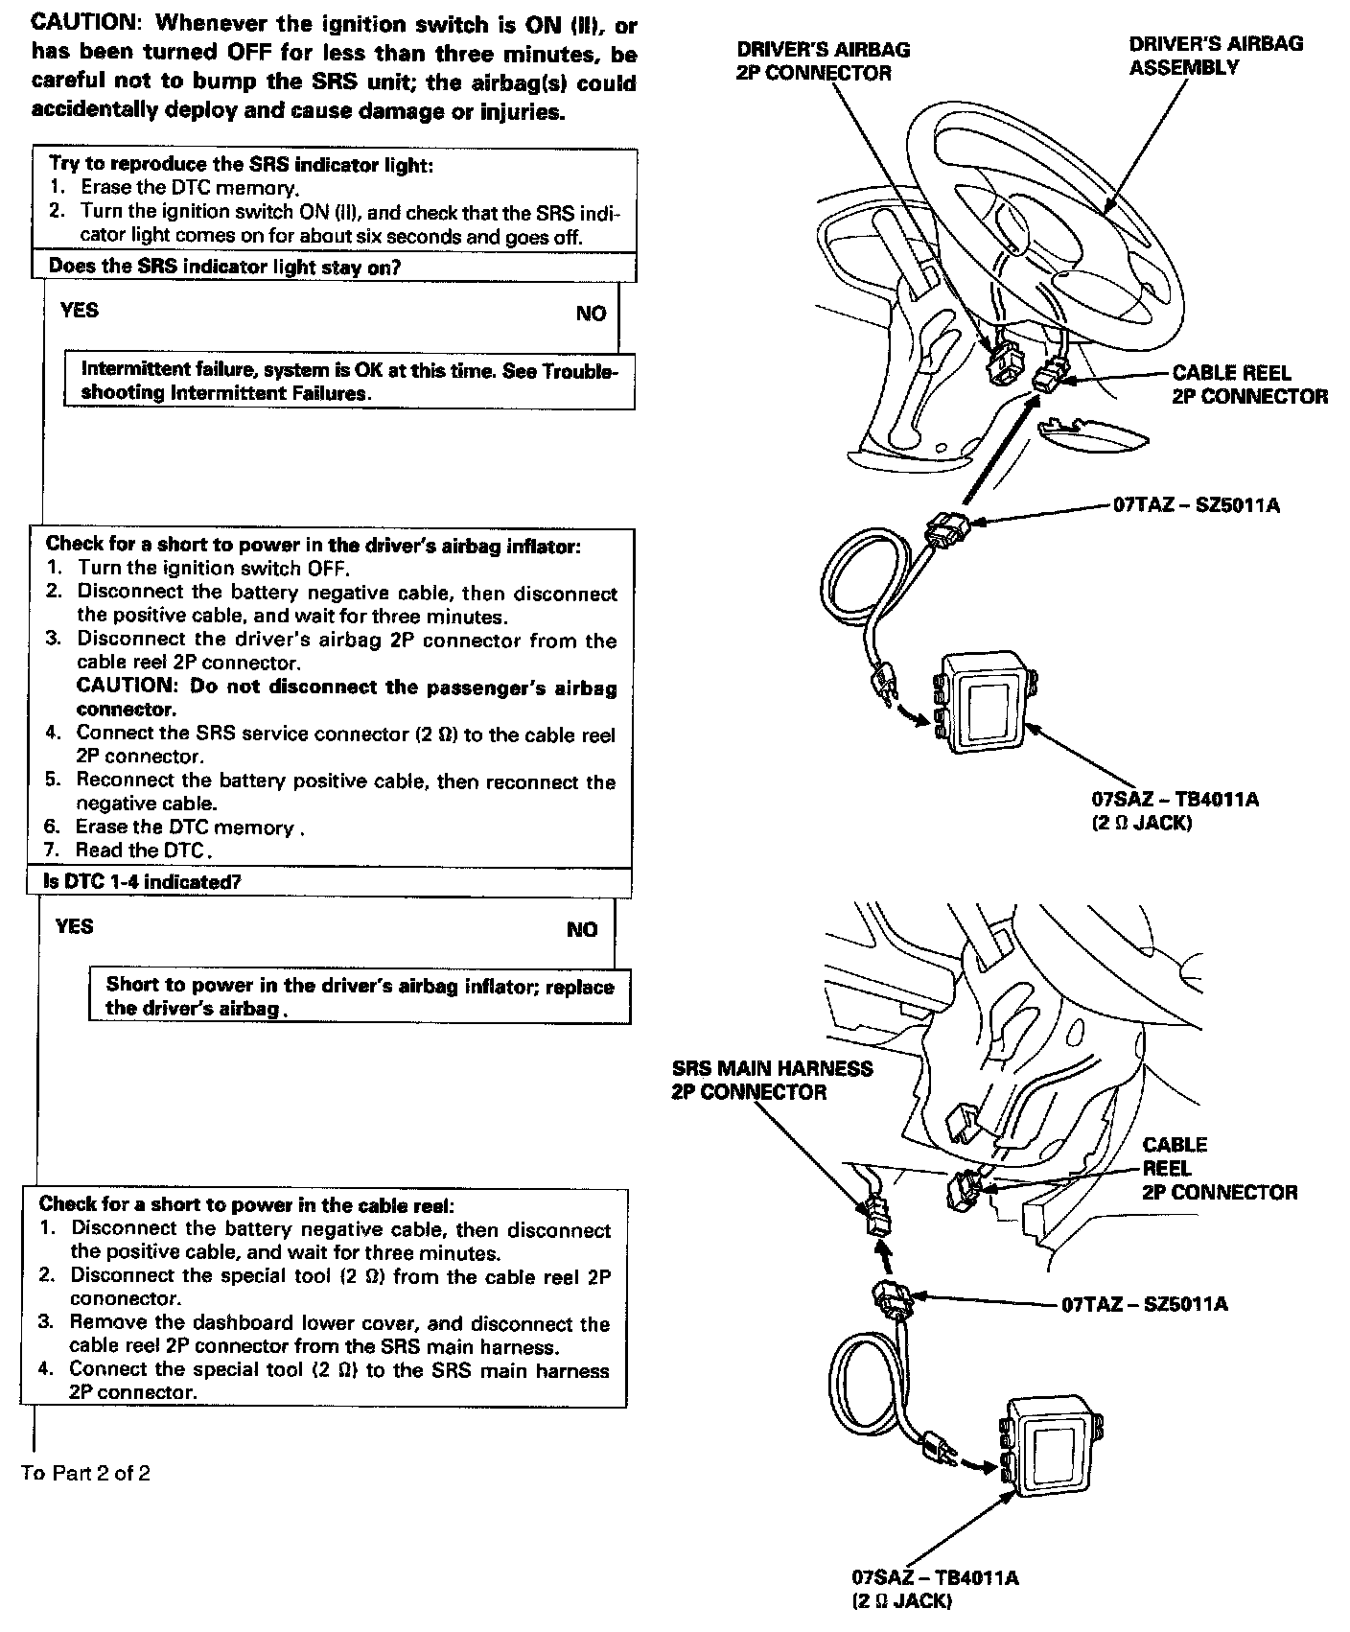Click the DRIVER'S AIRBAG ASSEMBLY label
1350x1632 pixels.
point(1215,56)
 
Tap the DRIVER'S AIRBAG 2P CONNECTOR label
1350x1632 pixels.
point(823,61)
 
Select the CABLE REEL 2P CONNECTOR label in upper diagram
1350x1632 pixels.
point(1249,385)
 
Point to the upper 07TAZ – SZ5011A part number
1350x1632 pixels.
point(1196,505)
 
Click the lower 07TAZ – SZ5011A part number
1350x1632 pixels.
point(1144,1304)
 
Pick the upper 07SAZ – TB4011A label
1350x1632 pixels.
point(1175,800)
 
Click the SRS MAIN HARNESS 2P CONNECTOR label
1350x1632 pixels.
point(772,1080)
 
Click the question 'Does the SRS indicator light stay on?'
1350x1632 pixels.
point(224,267)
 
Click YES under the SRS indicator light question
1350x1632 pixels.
point(79,310)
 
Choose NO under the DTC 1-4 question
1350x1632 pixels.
point(582,929)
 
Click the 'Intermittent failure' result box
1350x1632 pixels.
point(349,381)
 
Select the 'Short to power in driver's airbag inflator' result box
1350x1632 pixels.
point(360,996)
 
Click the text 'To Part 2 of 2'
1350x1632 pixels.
point(85,1473)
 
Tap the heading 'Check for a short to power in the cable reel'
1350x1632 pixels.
point(246,1204)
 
